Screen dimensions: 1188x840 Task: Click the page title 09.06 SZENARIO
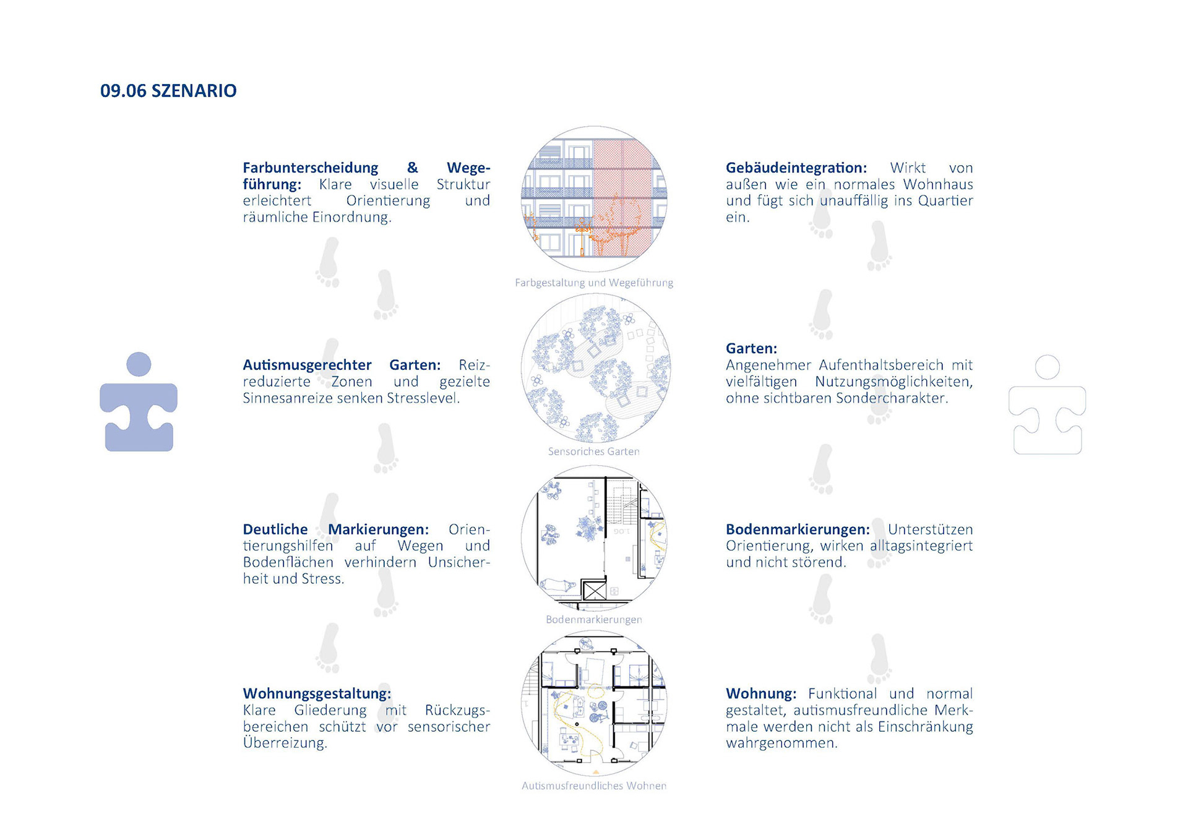point(168,91)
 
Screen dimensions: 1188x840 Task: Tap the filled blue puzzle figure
point(139,402)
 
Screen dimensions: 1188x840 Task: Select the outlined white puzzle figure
point(1047,405)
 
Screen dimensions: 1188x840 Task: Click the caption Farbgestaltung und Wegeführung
point(594,283)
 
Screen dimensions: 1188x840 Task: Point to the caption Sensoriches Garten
point(594,452)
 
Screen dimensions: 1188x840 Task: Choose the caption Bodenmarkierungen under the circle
point(594,619)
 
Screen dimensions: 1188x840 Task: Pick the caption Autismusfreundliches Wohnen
point(594,786)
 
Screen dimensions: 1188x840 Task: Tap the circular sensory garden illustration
point(595,368)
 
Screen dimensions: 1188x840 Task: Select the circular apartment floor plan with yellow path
point(594,703)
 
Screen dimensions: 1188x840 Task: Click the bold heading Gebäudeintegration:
point(796,168)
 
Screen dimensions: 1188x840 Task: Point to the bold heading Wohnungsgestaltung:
point(317,694)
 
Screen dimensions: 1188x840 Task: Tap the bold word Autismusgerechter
point(307,365)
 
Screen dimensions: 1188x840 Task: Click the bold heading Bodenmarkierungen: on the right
point(798,529)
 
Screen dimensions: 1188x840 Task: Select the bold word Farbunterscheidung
point(310,168)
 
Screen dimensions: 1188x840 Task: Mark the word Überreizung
point(285,742)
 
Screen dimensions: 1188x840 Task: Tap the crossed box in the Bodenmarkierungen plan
point(595,590)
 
